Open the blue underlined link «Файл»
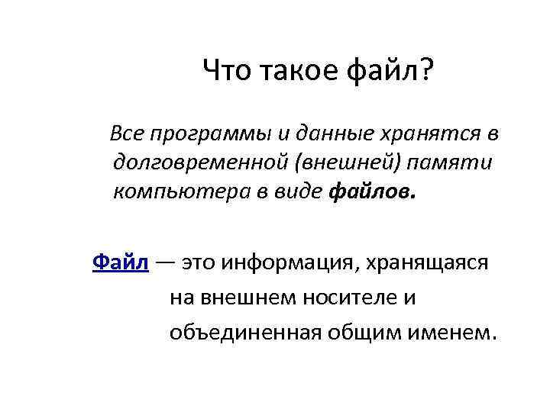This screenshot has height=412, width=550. tap(120, 262)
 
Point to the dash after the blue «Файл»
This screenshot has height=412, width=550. tap(166, 263)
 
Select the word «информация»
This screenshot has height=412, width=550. tap(288, 264)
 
